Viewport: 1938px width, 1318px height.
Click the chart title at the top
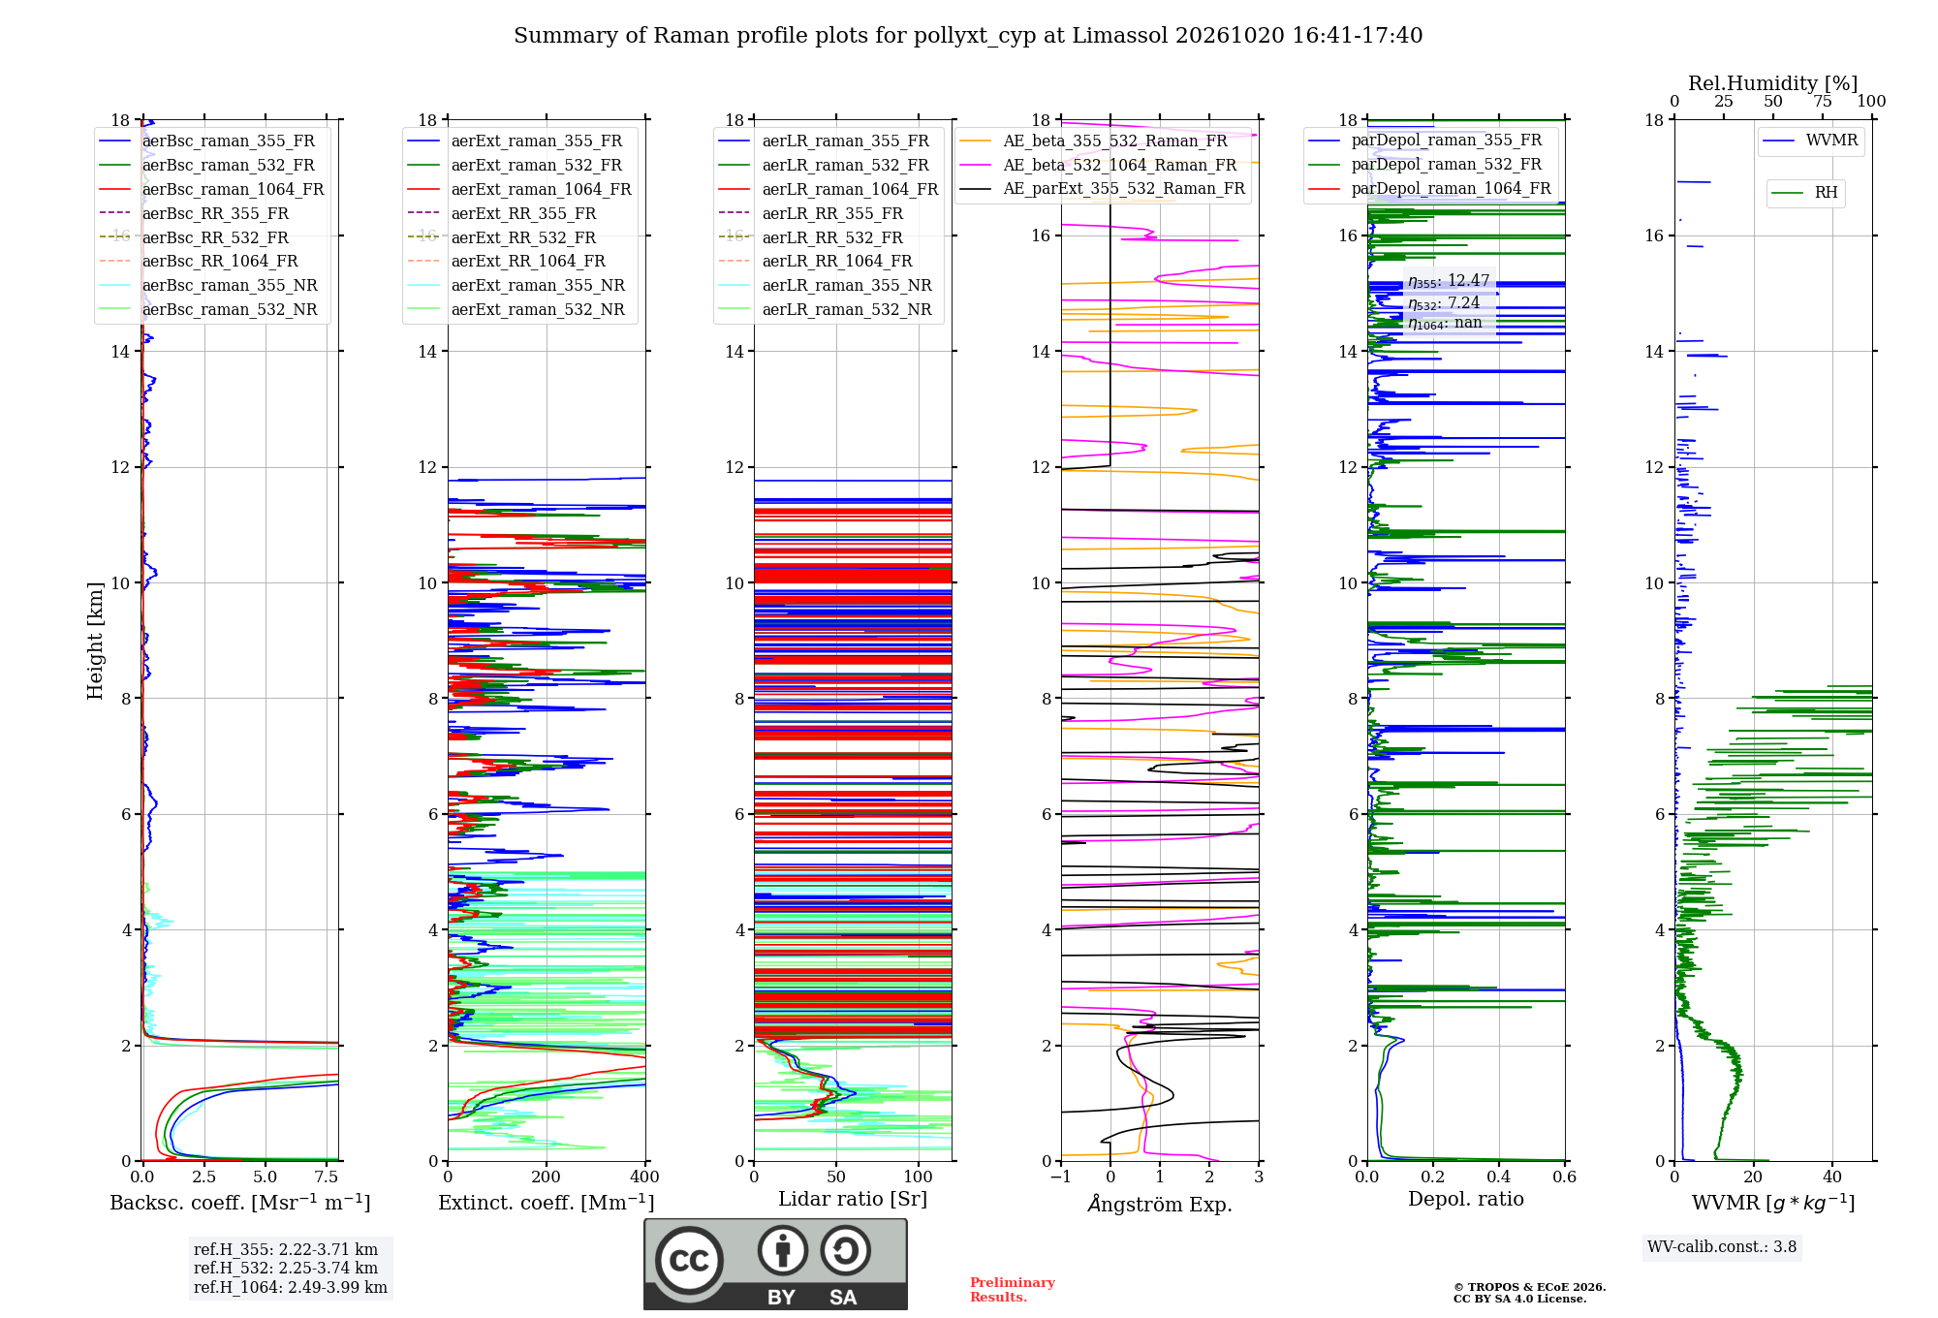(x=968, y=36)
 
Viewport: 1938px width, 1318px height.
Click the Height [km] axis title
(x=95, y=641)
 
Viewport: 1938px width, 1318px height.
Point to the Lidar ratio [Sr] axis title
(x=853, y=1199)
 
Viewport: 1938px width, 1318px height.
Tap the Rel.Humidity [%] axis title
(x=1773, y=83)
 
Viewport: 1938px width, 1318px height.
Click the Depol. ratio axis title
(x=1466, y=1199)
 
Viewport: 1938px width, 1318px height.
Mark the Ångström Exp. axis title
(x=1160, y=1204)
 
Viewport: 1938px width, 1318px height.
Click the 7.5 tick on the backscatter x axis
(x=327, y=1177)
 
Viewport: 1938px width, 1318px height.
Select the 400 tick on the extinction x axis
(x=645, y=1177)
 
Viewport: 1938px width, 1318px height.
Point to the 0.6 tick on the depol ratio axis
(x=1565, y=1177)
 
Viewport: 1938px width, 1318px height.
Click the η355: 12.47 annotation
(x=1449, y=281)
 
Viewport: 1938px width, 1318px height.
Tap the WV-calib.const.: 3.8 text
(x=1722, y=1246)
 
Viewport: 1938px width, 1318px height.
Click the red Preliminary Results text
(x=1013, y=1290)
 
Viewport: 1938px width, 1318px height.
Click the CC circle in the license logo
(x=690, y=1260)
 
